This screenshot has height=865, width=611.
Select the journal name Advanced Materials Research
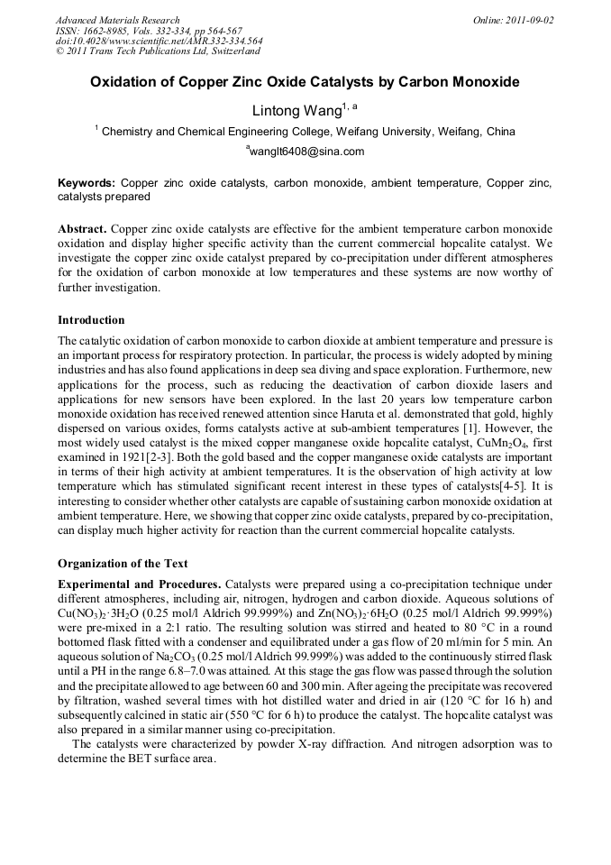[x=117, y=20]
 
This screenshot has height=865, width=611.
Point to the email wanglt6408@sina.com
[x=305, y=152]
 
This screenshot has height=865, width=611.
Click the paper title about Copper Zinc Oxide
[x=305, y=82]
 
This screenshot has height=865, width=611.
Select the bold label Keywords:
[x=87, y=182]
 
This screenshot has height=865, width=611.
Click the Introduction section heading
[x=91, y=319]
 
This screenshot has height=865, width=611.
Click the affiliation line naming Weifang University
[x=305, y=132]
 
